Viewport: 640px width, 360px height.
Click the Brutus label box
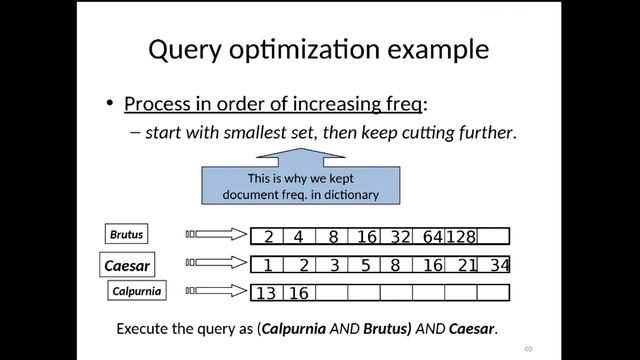tap(127, 235)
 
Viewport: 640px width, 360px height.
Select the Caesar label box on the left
tap(128, 266)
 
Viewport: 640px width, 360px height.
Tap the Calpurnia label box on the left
tap(137, 292)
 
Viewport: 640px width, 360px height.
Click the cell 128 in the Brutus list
tap(461, 237)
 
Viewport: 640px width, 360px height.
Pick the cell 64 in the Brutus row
tap(432, 237)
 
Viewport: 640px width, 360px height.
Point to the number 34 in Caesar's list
tap(500, 265)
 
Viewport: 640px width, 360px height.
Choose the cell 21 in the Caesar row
tap(467, 265)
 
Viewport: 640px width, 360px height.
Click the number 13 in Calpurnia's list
tap(265, 293)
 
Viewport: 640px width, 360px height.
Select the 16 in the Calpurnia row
tap(298, 293)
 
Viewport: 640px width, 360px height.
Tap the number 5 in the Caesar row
tap(366, 265)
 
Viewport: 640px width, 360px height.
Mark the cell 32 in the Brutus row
tap(400, 237)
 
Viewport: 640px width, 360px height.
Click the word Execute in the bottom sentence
tap(143, 328)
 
